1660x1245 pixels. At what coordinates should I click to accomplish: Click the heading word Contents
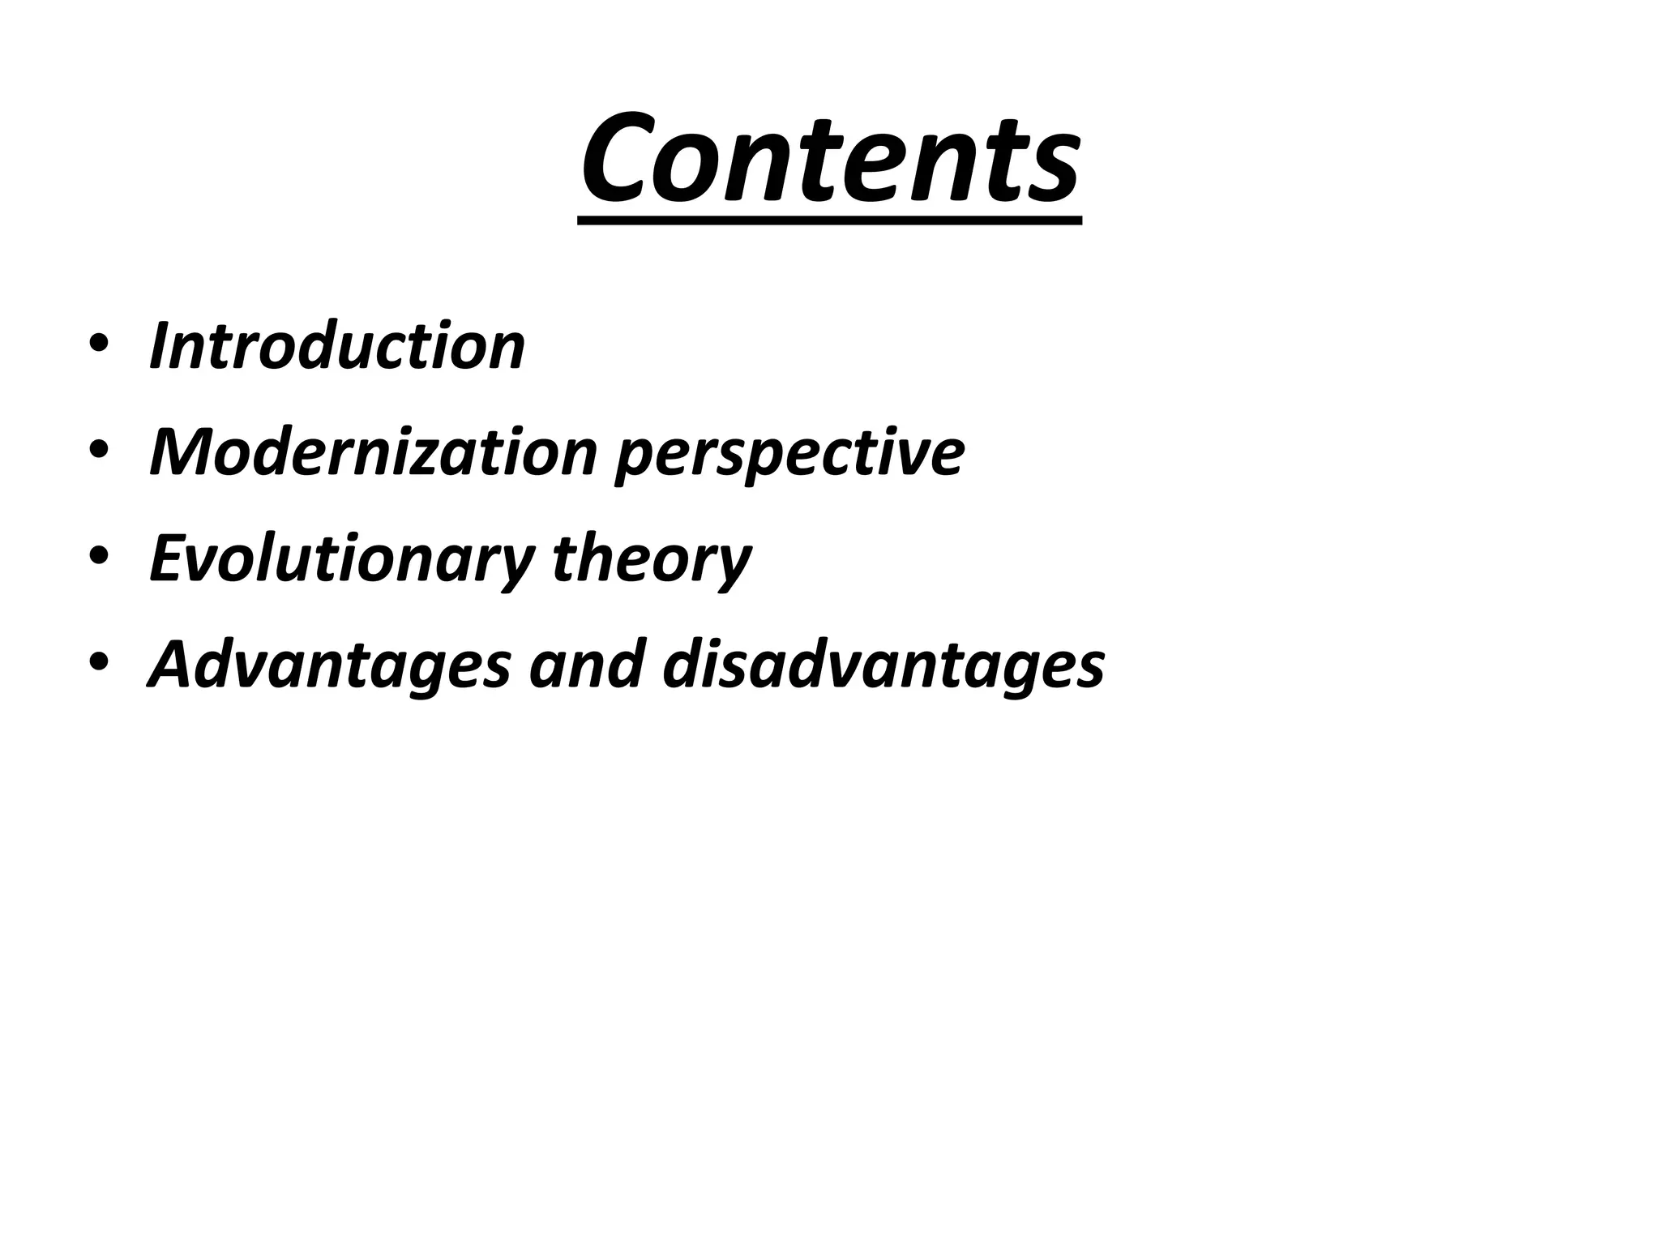[830, 158]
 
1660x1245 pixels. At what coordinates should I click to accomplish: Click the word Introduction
[337, 346]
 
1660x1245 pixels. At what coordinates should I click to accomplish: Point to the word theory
[652, 560]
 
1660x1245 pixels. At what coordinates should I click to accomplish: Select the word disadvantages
[883, 665]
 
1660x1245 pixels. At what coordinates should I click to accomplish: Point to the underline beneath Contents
[830, 220]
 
